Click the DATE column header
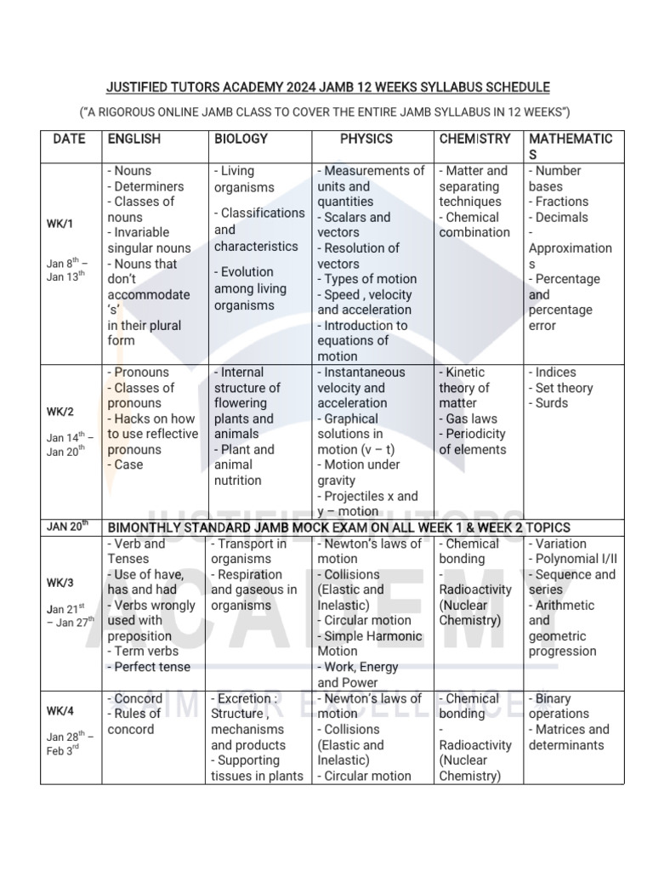tap(69, 139)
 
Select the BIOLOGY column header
tap(241, 139)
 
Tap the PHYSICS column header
tap(366, 139)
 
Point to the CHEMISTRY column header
tap(474, 139)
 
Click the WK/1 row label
tap(60, 224)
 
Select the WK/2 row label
tap(60, 412)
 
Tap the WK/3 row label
tap(60, 583)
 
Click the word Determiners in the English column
tap(149, 186)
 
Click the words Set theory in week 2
tap(564, 388)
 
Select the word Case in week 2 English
tap(128, 464)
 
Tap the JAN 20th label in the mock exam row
tap(67, 527)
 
